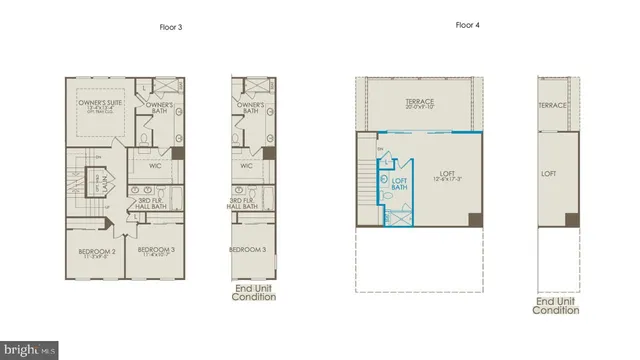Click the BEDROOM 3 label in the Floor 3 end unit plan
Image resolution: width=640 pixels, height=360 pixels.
tap(247, 250)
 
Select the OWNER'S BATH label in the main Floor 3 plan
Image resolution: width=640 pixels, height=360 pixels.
tap(157, 107)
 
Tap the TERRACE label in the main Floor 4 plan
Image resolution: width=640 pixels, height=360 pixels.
tap(419, 103)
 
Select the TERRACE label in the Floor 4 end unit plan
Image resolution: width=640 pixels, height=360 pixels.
tap(553, 104)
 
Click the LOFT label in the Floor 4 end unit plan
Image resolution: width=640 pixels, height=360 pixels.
tap(549, 174)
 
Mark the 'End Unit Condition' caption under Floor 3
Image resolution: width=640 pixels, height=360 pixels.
tap(254, 293)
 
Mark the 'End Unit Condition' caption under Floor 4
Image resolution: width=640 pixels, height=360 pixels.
tap(557, 305)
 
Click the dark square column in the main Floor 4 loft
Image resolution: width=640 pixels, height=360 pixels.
tap(474, 220)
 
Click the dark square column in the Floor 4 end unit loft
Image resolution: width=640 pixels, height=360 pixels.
tap(571, 220)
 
